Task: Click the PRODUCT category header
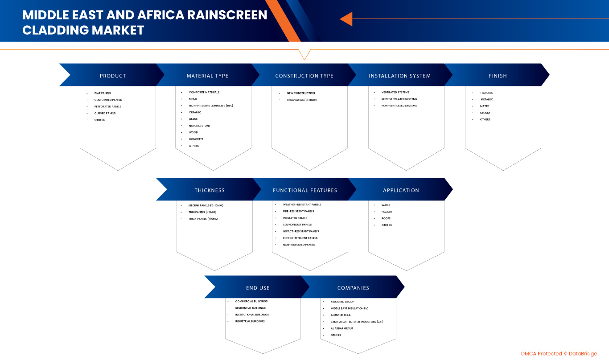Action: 113,76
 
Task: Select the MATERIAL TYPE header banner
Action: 207,76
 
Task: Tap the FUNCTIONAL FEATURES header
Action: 305,190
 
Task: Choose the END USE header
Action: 258,288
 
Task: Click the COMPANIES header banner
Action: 353,288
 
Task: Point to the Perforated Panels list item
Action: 107,106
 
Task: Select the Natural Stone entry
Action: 199,126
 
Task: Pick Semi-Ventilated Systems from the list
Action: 399,99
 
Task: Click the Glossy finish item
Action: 485,113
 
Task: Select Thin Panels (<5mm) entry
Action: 202,212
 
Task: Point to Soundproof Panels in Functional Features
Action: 297,225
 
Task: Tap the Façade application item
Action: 387,212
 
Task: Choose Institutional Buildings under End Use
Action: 252,315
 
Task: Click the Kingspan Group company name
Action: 342,302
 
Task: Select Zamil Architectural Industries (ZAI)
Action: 357,322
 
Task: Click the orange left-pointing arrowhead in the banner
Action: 346,19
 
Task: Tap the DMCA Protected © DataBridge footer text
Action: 559,354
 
